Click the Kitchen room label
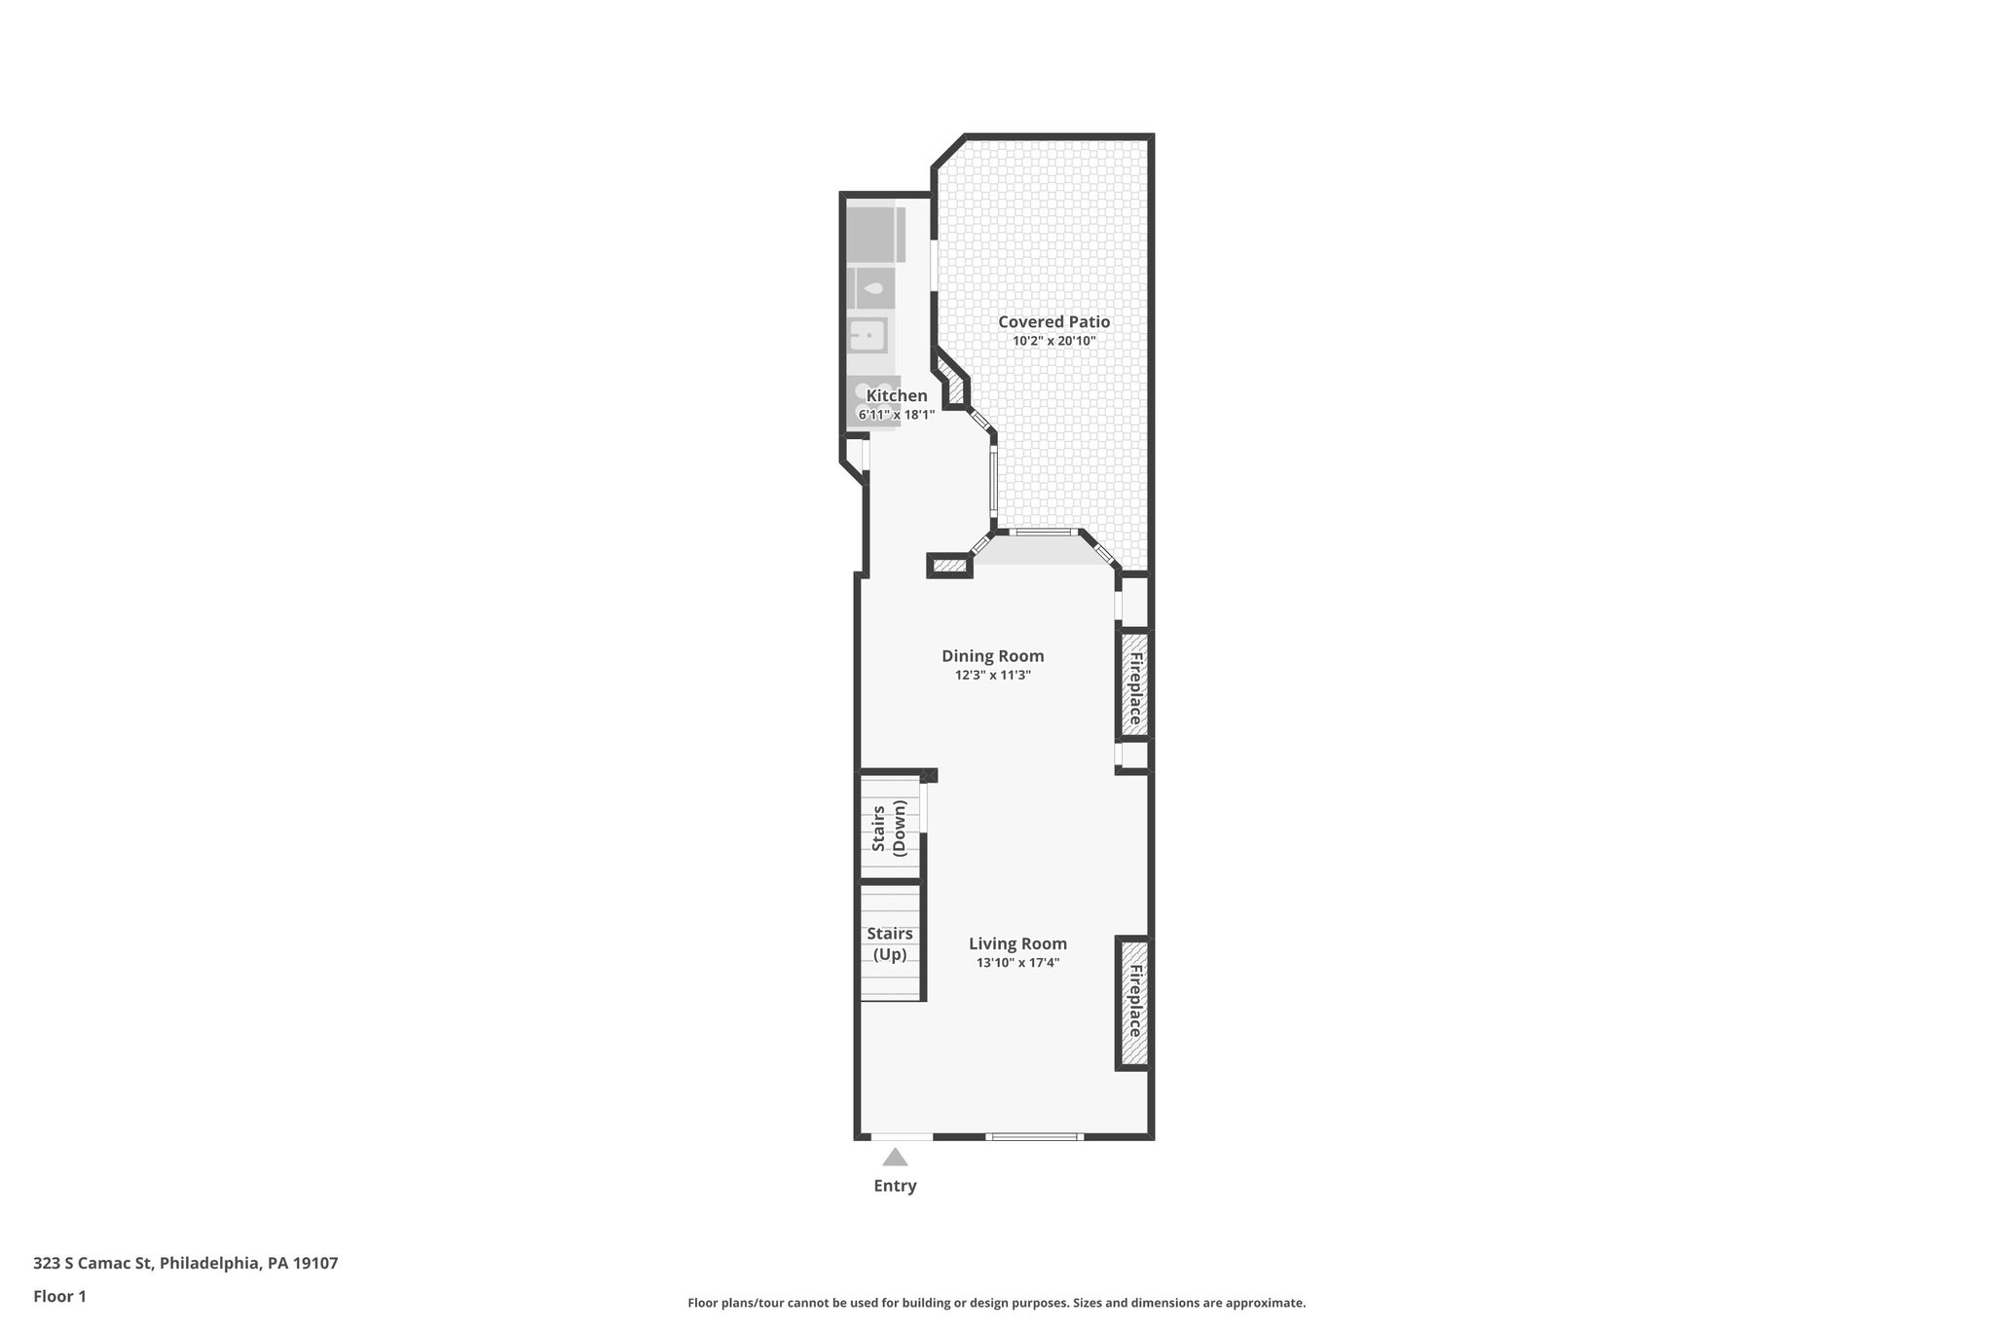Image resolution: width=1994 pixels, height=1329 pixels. (897, 395)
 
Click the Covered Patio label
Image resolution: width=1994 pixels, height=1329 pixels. (1053, 322)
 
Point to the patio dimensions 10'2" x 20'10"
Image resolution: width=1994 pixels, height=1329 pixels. (1053, 341)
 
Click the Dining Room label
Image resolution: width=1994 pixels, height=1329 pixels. (992, 656)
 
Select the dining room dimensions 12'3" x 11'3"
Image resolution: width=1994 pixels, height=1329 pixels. (992, 675)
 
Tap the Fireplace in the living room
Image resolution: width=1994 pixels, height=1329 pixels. (1133, 1003)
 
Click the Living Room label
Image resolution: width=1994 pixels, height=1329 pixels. (1017, 943)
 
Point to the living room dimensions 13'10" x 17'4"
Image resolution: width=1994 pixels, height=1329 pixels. (1017, 963)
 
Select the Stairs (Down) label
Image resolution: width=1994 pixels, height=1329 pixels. (889, 828)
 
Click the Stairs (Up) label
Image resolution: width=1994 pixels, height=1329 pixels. (889, 943)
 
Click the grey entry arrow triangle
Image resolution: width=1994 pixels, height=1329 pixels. (895, 1158)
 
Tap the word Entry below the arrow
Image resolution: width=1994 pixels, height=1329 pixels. (895, 1186)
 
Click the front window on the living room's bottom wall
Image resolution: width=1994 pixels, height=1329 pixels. (1034, 1136)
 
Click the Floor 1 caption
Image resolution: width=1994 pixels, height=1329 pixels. (59, 1296)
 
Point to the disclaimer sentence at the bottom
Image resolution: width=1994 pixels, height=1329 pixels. (996, 1303)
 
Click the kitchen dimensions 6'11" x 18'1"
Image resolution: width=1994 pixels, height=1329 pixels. (896, 415)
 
